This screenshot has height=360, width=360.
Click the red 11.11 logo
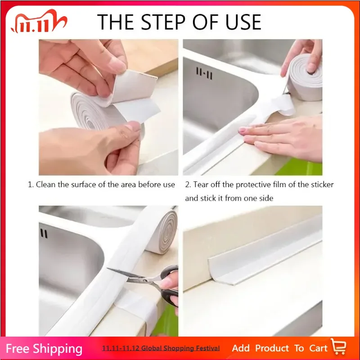click(x=38, y=22)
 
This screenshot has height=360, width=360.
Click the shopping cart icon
click(x=338, y=347)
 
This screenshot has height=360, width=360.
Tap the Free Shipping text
click(x=44, y=349)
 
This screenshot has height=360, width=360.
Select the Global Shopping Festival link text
click(x=161, y=348)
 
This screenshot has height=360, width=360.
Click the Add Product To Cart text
click(x=279, y=348)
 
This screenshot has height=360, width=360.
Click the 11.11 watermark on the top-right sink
click(x=204, y=72)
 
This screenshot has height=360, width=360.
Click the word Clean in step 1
click(x=45, y=184)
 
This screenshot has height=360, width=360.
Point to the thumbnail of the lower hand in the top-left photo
click(x=133, y=127)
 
